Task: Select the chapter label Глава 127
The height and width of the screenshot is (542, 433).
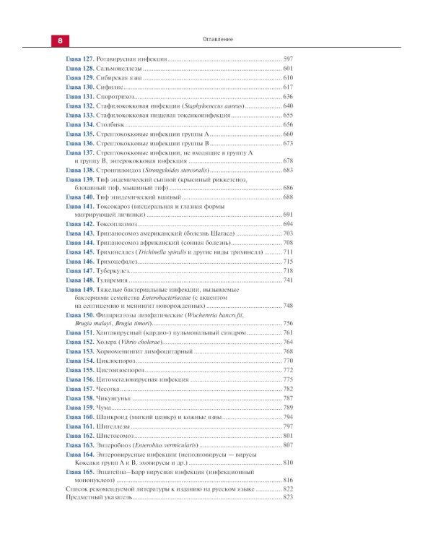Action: [x=80, y=59]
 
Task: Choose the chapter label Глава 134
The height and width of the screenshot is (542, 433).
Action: [x=80, y=124]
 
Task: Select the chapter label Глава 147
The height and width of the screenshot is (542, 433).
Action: [x=80, y=270]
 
